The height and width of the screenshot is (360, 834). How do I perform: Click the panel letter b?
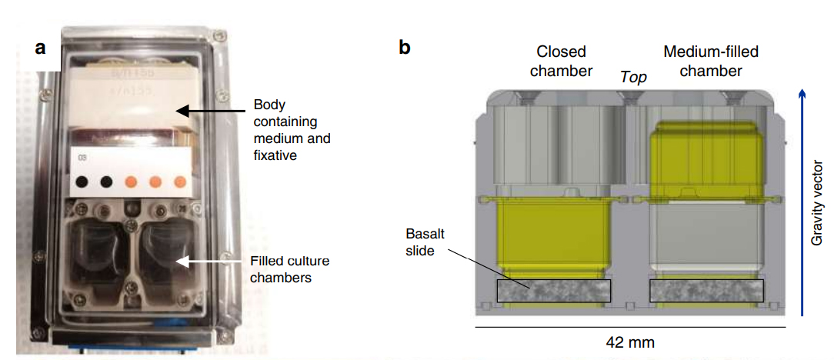pos(405,48)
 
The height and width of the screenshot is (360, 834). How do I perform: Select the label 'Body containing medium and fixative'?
pos(292,130)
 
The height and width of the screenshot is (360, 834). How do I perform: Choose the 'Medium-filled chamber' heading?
pos(710,62)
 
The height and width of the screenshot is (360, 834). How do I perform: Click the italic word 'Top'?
pos(634,77)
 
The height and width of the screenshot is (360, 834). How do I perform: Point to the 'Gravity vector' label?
pos(817,203)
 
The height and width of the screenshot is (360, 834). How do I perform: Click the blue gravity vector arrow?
pos(802,203)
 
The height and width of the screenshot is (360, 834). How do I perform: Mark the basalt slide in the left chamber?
pos(554,291)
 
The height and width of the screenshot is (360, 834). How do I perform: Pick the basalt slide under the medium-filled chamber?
pos(707,291)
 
